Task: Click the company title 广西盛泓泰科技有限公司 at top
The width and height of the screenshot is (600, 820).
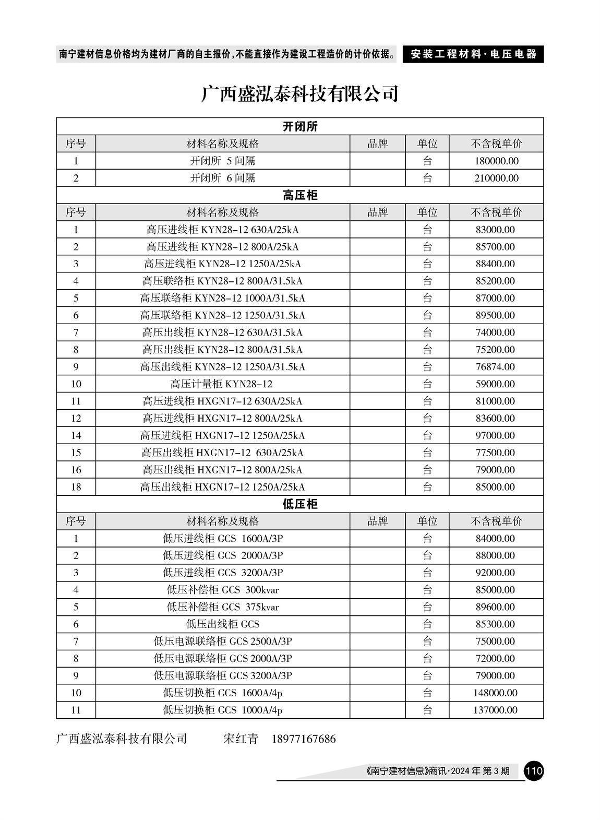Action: pyautogui.click(x=300, y=94)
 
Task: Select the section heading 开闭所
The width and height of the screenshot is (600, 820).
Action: pyautogui.click(x=300, y=126)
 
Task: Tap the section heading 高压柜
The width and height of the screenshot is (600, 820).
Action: pyautogui.click(x=300, y=195)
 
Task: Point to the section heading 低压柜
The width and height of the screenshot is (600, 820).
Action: pyautogui.click(x=300, y=504)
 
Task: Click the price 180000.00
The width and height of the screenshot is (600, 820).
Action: pyautogui.click(x=496, y=161)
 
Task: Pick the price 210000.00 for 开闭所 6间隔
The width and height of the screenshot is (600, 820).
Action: pyautogui.click(x=496, y=178)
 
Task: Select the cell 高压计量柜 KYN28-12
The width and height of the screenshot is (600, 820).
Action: pyautogui.click(x=222, y=384)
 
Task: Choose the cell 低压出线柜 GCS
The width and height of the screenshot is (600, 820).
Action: pyautogui.click(x=222, y=624)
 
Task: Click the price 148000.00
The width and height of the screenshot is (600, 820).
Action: pyautogui.click(x=496, y=693)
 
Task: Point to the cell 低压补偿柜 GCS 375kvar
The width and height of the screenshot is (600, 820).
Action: pyautogui.click(x=222, y=607)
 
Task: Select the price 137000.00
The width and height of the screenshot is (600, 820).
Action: pyautogui.click(x=496, y=710)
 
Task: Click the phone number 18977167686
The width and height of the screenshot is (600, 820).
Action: pyautogui.click(x=304, y=739)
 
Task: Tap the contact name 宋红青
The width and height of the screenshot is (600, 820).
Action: pyautogui.click(x=241, y=739)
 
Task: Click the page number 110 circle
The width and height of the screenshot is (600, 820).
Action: pyautogui.click(x=534, y=770)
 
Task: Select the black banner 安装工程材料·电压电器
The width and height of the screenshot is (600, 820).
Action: pyautogui.click(x=473, y=54)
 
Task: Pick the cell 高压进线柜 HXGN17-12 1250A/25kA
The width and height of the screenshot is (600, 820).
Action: pyautogui.click(x=222, y=435)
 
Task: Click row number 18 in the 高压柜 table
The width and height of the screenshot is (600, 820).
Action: pyautogui.click(x=76, y=487)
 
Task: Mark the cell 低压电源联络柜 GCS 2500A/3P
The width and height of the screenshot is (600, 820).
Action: pyautogui.click(x=222, y=641)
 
